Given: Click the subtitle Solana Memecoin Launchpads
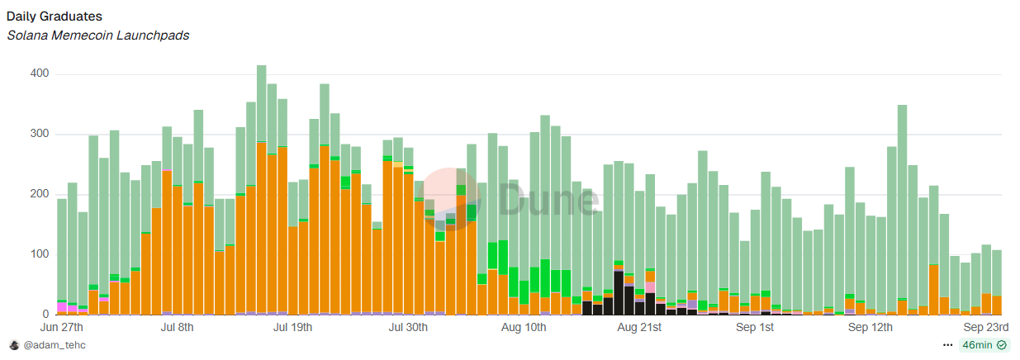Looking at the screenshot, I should pyautogui.click(x=98, y=36).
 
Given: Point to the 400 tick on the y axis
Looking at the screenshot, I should pyautogui.click(x=40, y=73).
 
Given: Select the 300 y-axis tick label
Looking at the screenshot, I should pyautogui.click(x=40, y=134).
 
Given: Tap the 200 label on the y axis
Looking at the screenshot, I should pyautogui.click(x=40, y=194).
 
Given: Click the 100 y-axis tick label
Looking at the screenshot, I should pyautogui.click(x=40, y=254).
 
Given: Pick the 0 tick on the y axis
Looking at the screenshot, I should pyautogui.click(x=46, y=315).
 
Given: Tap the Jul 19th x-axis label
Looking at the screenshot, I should pyautogui.click(x=292, y=328).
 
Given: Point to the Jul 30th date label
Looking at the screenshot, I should pyautogui.click(x=407, y=328).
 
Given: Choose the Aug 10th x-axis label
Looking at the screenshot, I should pyautogui.click(x=523, y=328).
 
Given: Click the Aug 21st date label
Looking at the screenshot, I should pyautogui.click(x=639, y=328).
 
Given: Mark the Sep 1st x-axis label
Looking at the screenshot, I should pyautogui.click(x=755, y=328).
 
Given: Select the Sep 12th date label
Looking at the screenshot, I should pyautogui.click(x=871, y=328).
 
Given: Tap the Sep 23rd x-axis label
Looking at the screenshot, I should pyautogui.click(x=982, y=328).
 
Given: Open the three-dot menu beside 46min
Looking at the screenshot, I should pyautogui.click(x=947, y=345).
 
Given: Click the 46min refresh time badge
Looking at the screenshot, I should pyautogui.click(x=984, y=345).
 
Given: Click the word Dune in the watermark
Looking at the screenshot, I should pyautogui.click(x=548, y=201).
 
